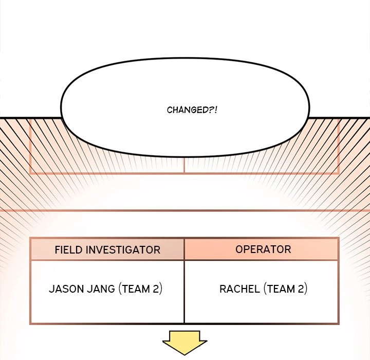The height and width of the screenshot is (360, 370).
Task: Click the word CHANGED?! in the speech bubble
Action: [192, 110]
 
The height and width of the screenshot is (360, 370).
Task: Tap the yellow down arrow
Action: [184, 343]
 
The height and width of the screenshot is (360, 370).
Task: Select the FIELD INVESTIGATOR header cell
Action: [107, 249]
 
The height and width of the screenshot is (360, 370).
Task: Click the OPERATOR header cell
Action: [262, 249]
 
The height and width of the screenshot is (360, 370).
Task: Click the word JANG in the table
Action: [101, 289]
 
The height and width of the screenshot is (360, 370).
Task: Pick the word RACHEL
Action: [239, 289]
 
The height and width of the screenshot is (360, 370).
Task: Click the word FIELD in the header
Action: [69, 249]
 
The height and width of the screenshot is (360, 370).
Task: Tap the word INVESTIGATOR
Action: [123, 249]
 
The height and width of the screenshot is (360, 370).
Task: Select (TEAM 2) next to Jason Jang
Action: [140, 289]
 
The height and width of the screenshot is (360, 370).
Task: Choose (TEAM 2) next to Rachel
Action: [285, 289]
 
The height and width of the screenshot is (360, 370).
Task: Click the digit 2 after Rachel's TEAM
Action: [301, 289]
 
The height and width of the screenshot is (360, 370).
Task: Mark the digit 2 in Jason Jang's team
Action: [156, 289]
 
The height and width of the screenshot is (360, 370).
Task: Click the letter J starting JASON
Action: [51, 289]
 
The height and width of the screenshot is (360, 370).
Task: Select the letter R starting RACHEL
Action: [223, 289]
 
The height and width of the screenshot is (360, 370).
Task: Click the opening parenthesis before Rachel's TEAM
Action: [265, 289]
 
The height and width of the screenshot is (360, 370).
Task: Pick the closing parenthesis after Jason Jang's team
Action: [161, 289]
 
